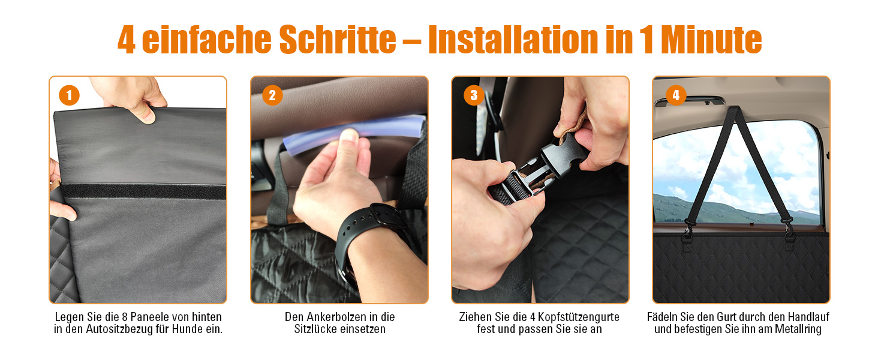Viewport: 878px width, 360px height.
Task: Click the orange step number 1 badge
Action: tap(70, 95)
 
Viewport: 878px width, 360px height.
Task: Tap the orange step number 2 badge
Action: tap(272, 95)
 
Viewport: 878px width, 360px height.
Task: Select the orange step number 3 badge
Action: tap(474, 95)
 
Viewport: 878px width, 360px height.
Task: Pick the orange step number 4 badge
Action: tap(676, 95)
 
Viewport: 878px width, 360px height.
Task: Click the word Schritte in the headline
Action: tap(338, 39)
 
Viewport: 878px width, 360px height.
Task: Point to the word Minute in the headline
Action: tap(711, 39)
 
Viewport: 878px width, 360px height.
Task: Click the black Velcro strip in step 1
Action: tap(143, 191)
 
